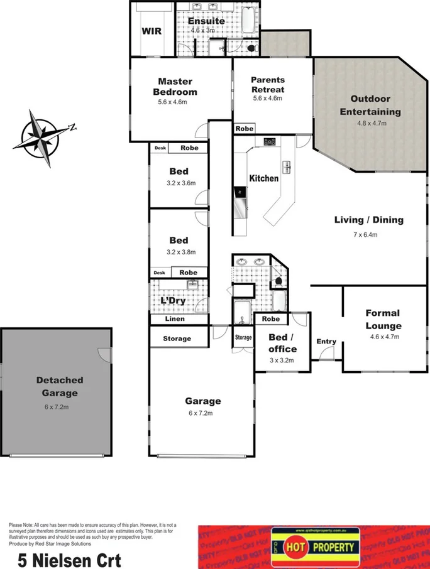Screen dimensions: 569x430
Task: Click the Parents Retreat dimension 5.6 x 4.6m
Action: click(268, 99)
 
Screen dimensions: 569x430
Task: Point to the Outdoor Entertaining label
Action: click(370, 106)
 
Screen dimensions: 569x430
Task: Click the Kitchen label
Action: click(264, 178)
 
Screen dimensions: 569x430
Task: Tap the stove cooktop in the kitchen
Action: click(270, 141)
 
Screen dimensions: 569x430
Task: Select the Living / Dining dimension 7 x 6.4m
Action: click(368, 235)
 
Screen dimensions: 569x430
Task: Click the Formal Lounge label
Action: click(383, 320)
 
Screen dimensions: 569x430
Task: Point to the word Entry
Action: click(326, 342)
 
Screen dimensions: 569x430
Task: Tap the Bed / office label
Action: click(282, 343)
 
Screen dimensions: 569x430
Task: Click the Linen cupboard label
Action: click(175, 320)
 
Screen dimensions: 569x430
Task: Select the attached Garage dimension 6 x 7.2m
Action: click(202, 413)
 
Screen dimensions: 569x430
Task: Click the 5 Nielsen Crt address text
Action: click(60, 559)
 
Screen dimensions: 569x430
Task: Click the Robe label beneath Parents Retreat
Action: click(245, 129)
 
